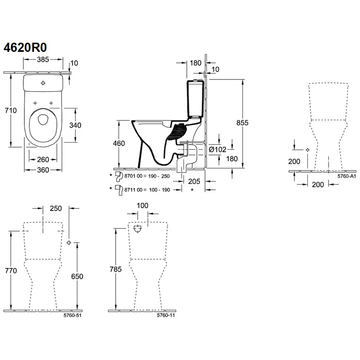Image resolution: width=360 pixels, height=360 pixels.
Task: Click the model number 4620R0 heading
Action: click(25, 48)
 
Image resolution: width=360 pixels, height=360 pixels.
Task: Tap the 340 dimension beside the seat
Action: click(75, 125)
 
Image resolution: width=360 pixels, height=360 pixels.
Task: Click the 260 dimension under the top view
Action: click(43, 159)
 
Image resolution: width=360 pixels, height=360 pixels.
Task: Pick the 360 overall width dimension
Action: click(43, 170)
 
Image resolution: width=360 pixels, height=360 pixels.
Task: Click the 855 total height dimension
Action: click(243, 123)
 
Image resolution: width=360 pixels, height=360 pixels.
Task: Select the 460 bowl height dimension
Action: click(119, 144)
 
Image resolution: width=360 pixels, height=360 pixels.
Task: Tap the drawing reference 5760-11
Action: click(166, 315)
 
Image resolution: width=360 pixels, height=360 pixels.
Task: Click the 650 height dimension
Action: click(77, 276)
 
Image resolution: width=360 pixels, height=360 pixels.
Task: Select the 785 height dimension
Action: click(116, 269)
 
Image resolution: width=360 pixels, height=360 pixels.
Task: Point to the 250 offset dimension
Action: click(56, 208)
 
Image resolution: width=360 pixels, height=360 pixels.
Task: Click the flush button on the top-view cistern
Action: click(43, 83)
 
